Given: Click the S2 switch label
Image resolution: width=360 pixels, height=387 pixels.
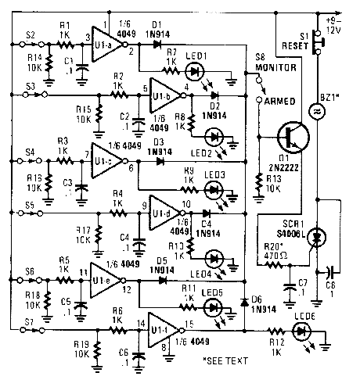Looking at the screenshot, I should click(31, 34).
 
